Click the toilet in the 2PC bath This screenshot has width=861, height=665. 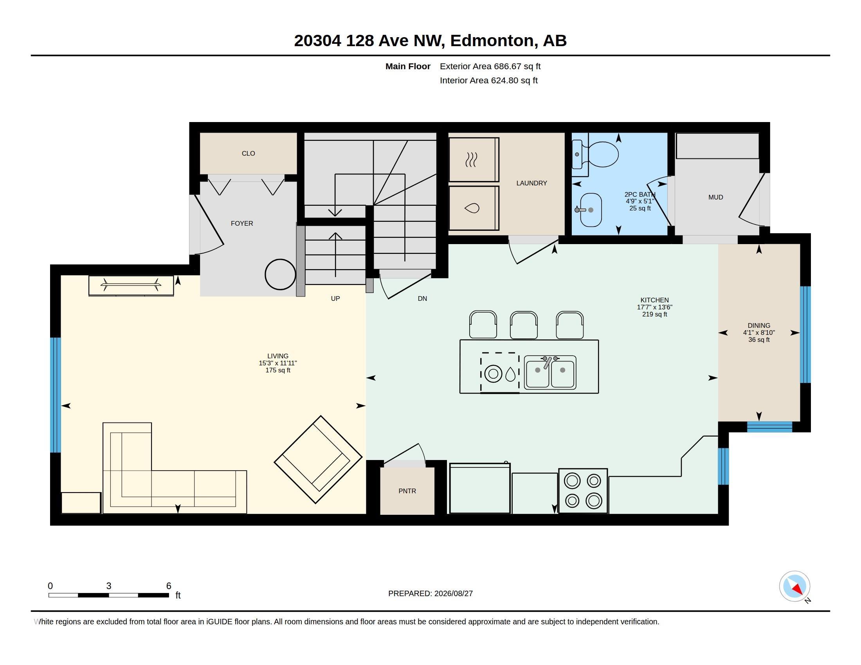pos(596,155)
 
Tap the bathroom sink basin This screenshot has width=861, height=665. pos(591,210)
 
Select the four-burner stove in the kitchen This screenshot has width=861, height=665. pos(583,491)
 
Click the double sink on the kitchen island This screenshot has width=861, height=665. pos(550,372)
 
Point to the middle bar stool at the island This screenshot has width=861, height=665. pos(524,325)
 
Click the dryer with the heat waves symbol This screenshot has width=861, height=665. pos(474,160)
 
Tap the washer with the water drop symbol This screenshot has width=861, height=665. pos(474,208)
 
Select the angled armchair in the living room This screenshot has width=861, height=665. pos(318,459)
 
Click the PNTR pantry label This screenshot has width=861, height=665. pos(407,491)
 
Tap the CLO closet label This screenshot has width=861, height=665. pos(249,153)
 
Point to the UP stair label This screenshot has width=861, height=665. pos(335,298)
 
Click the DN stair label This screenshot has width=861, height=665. pos(422,298)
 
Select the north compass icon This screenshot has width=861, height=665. pos(794,586)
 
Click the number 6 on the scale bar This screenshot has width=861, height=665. pos(169,586)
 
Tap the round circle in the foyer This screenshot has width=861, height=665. pos(280,275)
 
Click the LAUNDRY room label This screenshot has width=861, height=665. pos(532,183)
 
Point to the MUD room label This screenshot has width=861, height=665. pos(715,198)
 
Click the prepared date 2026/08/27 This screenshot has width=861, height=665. pos(453,593)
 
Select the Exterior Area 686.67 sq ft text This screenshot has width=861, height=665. pos(490,66)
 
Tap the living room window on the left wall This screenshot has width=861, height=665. pos(56,395)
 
